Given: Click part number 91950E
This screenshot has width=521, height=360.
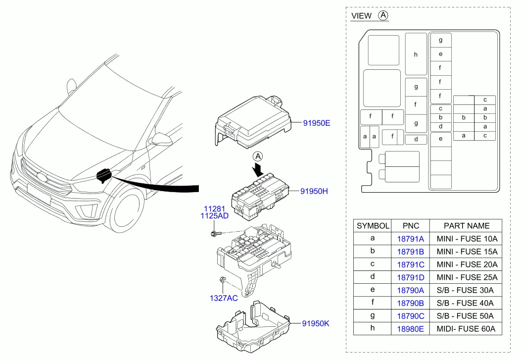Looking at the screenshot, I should [316, 123].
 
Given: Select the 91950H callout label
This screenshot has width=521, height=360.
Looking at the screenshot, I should [314, 191].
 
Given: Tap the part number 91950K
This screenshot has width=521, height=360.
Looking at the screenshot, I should [316, 324].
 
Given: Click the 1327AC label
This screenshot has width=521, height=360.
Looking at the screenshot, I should [223, 298].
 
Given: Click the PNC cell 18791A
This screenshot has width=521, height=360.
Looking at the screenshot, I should [411, 239].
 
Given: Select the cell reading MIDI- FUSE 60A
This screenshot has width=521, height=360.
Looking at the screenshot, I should [466, 329].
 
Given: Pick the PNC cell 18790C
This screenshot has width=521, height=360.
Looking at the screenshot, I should [411, 316].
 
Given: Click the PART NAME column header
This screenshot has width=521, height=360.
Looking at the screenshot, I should [466, 226].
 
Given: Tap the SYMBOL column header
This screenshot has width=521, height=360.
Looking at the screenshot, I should [373, 226].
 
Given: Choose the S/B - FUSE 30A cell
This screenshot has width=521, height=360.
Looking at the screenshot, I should [466, 290].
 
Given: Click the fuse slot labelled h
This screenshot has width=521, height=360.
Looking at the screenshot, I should [416, 54].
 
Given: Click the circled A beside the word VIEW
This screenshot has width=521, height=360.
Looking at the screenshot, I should [383, 15].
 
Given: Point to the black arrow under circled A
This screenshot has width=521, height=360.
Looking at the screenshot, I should [258, 171].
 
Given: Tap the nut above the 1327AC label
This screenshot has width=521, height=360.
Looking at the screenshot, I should [223, 281].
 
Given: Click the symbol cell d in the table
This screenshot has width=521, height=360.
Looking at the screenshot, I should [373, 277].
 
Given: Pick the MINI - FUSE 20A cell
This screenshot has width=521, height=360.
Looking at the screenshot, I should [466, 264].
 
